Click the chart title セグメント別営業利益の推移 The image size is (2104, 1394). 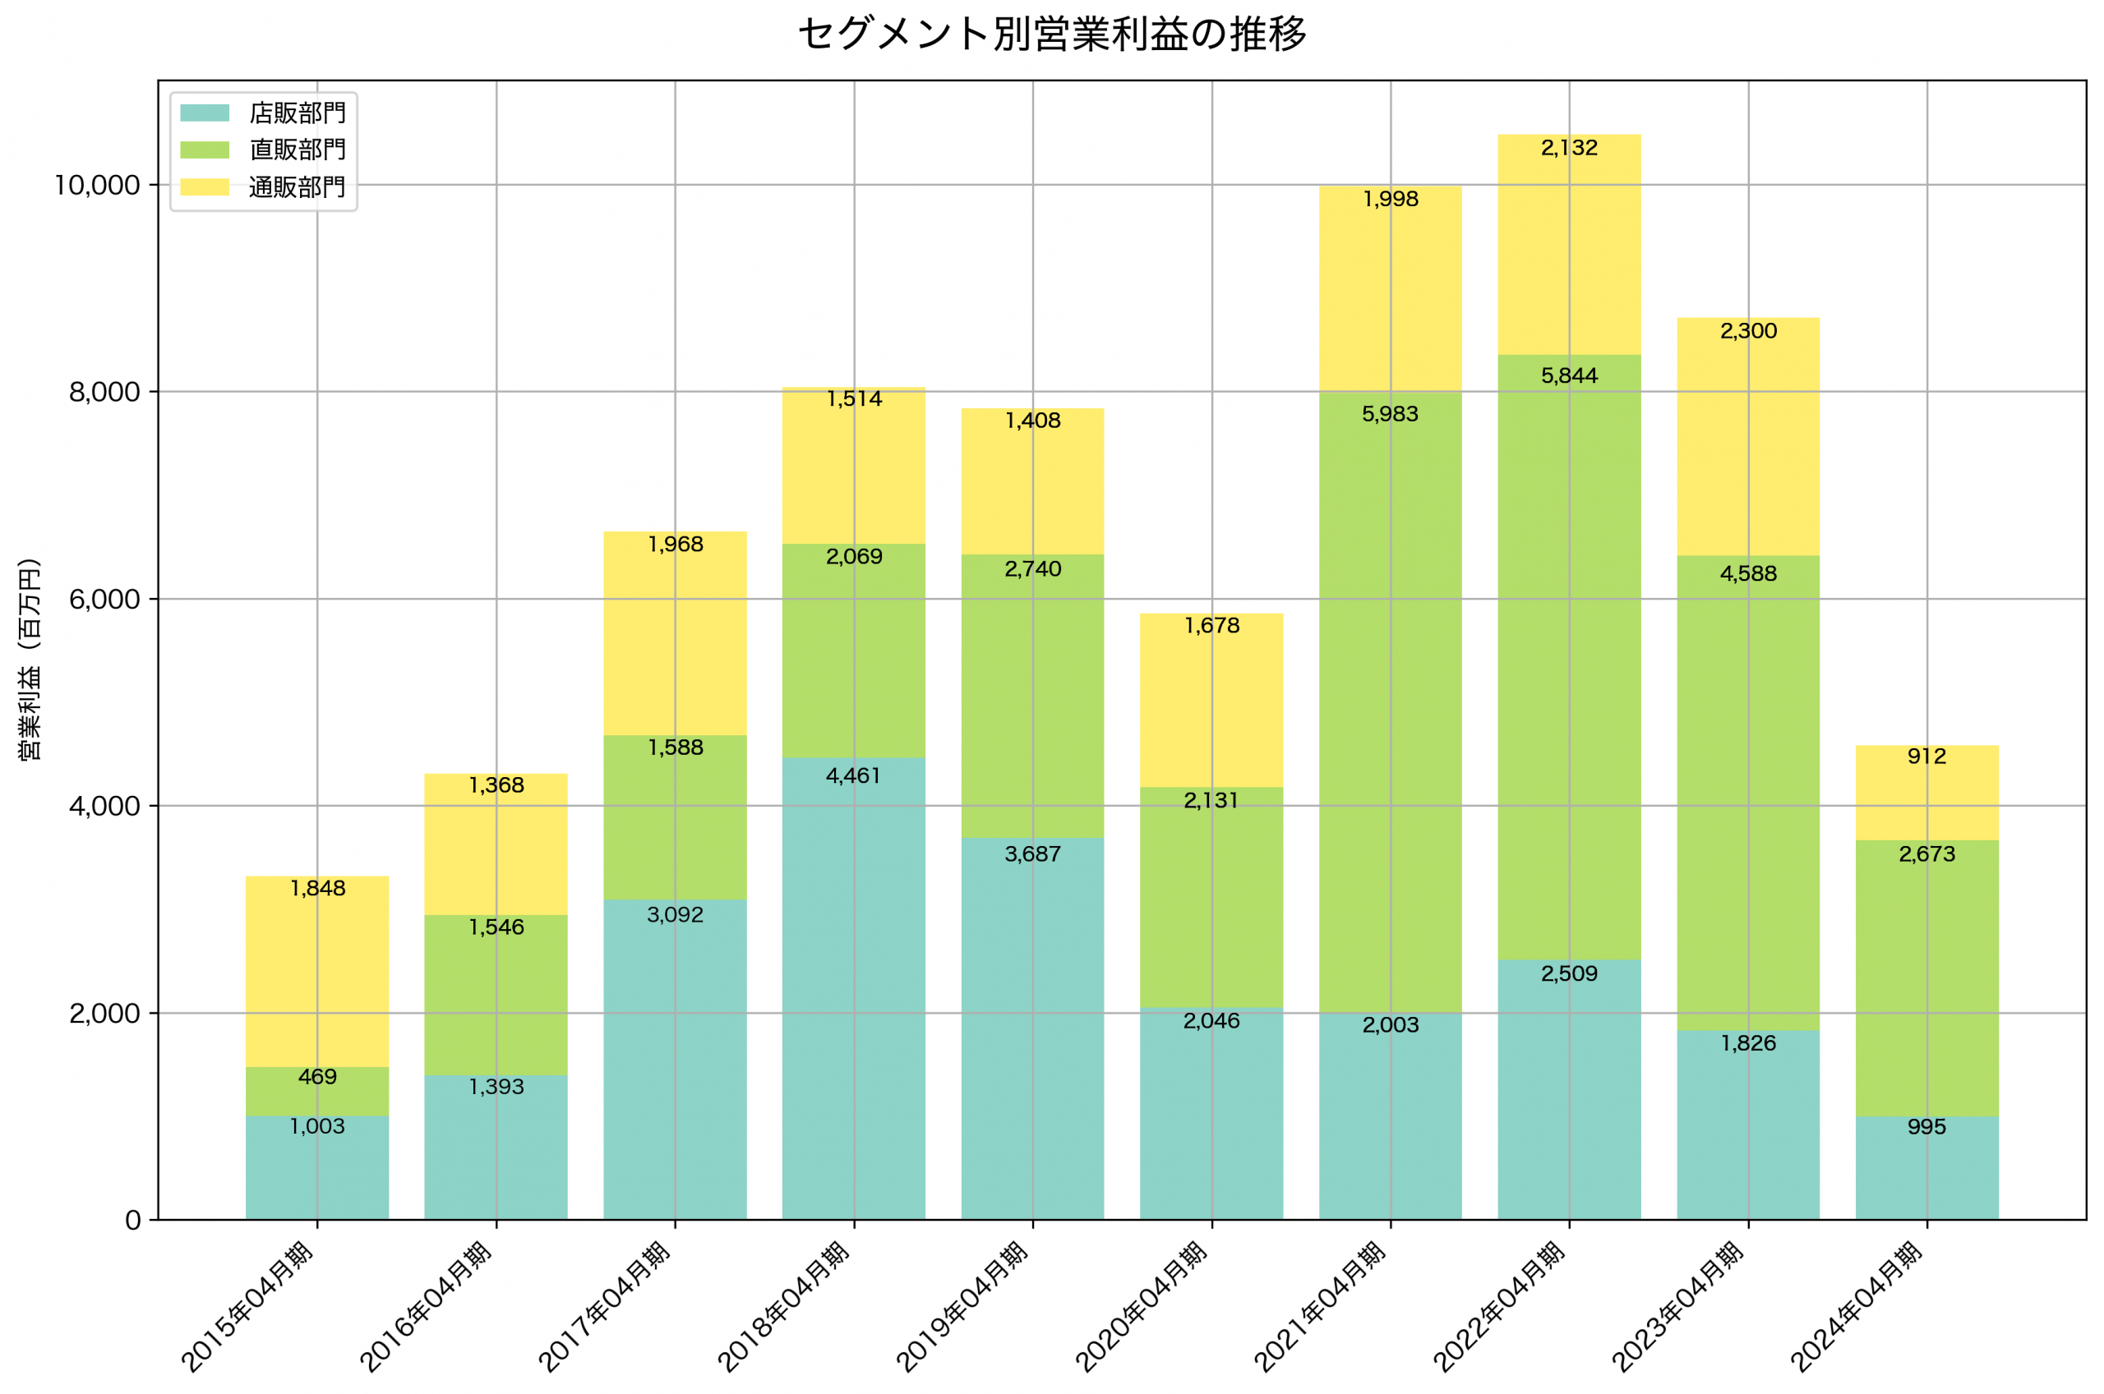(1052, 35)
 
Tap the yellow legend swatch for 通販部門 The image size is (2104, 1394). (205, 186)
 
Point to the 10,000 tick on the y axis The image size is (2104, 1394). (98, 185)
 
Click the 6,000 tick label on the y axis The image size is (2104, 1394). (105, 599)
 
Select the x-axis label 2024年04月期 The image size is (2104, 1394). (1857, 1308)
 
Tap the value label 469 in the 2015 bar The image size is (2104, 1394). (317, 1077)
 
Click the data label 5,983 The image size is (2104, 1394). (1390, 414)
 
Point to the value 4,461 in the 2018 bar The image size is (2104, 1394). (854, 776)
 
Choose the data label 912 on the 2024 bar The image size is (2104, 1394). (1927, 757)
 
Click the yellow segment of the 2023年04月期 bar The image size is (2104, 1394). (1748, 444)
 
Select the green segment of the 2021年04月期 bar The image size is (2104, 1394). (1390, 711)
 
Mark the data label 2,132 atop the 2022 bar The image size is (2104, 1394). (1570, 148)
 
